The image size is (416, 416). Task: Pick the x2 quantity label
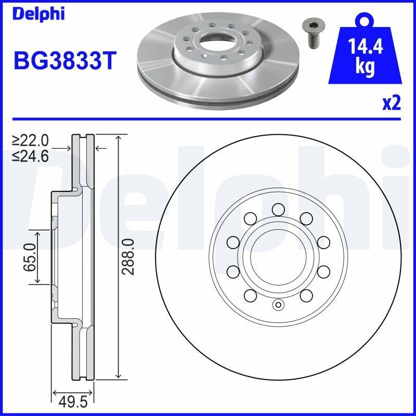[391, 103]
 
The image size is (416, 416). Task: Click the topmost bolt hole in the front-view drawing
[278, 210]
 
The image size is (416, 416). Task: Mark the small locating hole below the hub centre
[278, 305]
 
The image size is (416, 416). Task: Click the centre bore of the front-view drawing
[278, 256]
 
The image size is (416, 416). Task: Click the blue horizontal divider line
[208, 119]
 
